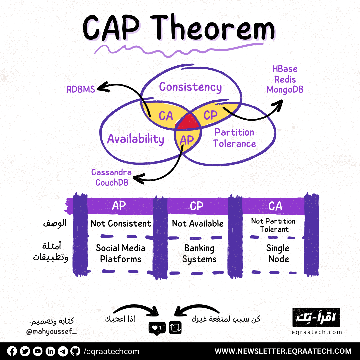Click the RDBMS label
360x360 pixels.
pyautogui.click(x=80, y=89)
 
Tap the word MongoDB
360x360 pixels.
pyautogui.click(x=285, y=90)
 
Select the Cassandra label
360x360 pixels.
pyautogui.click(x=111, y=172)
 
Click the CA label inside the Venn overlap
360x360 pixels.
pyautogui.click(x=166, y=116)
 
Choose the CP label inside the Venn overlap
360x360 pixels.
pyautogui.click(x=210, y=115)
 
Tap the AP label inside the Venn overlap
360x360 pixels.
pyautogui.click(x=186, y=140)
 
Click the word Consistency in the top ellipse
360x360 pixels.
pyautogui.click(x=190, y=87)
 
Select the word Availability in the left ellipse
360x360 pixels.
pyautogui.click(x=135, y=139)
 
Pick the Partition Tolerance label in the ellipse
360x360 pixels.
pyautogui.click(x=235, y=138)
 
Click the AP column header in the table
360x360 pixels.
pyautogui.click(x=119, y=206)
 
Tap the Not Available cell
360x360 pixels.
pyautogui.click(x=198, y=224)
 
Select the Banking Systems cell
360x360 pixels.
pyautogui.click(x=199, y=254)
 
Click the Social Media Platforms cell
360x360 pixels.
pyautogui.click(x=121, y=254)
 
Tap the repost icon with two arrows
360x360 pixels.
pyautogui.click(x=175, y=328)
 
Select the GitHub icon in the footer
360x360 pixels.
pyautogui.click(x=76, y=351)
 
